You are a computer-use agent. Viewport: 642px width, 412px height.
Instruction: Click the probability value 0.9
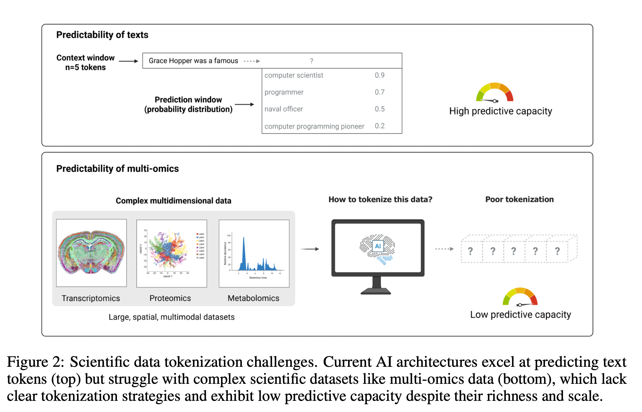[379, 75]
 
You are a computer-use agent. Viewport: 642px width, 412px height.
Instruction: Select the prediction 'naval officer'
[283, 109]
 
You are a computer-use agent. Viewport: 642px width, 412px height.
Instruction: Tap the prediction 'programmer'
[284, 92]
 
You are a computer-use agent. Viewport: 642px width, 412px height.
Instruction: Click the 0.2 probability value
[379, 126]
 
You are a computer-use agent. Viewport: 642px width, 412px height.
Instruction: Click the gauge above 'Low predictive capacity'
[520, 297]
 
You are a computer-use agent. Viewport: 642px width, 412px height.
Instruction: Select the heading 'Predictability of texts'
[102, 35]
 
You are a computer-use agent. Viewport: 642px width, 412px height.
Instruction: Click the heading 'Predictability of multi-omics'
[117, 169]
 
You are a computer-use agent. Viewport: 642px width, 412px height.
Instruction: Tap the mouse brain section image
[91, 252]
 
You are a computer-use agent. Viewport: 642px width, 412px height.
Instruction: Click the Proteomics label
[170, 298]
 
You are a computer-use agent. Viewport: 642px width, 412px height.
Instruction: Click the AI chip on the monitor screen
[378, 246]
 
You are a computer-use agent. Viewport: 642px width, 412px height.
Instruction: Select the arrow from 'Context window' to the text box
[128, 61]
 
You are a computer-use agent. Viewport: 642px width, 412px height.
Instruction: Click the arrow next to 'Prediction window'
[244, 104]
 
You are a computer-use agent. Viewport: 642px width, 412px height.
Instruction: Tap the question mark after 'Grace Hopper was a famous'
[311, 61]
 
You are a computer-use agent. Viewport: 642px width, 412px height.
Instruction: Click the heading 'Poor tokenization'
[519, 199]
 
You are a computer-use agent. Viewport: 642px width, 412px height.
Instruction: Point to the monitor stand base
[376, 292]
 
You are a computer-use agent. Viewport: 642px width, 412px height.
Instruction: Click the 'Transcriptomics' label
[91, 298]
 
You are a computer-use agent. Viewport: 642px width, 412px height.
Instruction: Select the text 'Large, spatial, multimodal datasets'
[171, 317]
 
